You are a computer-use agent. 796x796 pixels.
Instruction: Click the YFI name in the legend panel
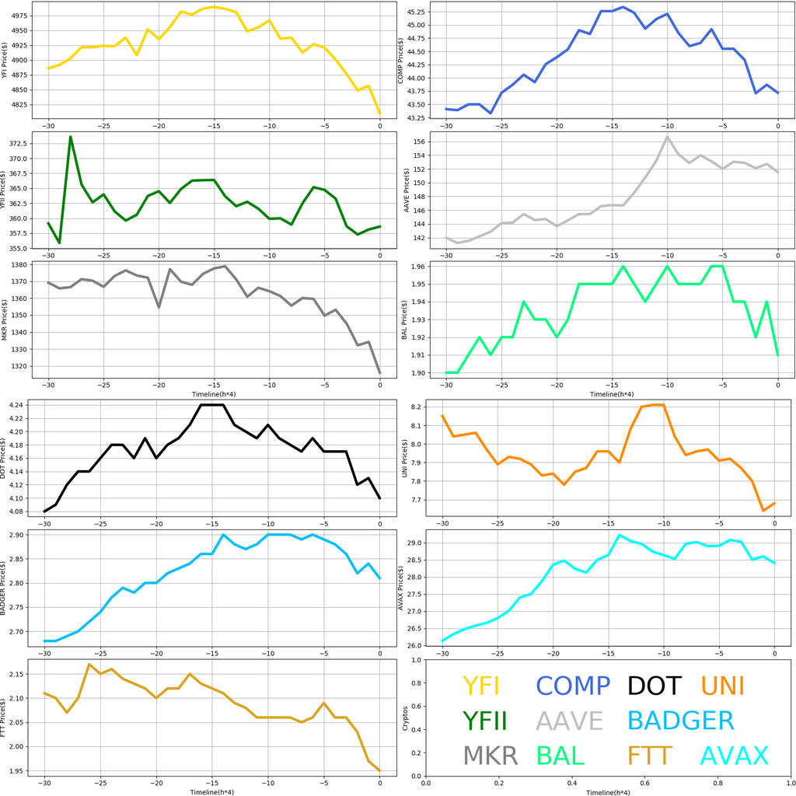point(480,686)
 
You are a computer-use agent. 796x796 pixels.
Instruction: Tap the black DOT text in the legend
point(654,686)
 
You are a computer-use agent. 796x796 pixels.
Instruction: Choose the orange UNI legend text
point(722,686)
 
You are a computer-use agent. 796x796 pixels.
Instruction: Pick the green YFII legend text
point(484,721)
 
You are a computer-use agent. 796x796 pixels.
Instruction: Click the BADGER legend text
point(680,721)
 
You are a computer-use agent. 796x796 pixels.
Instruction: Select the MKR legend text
point(491,755)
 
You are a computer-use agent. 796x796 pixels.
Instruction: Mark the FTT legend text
point(651,755)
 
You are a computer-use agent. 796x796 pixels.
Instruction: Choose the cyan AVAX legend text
point(734,755)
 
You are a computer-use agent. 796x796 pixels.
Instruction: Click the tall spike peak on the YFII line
point(71,137)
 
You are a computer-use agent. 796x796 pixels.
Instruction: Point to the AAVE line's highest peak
point(667,137)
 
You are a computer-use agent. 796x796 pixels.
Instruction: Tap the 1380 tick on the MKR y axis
point(20,264)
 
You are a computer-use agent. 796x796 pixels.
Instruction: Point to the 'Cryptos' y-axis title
point(403,717)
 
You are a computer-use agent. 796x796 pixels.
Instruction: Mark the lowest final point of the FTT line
point(379,770)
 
